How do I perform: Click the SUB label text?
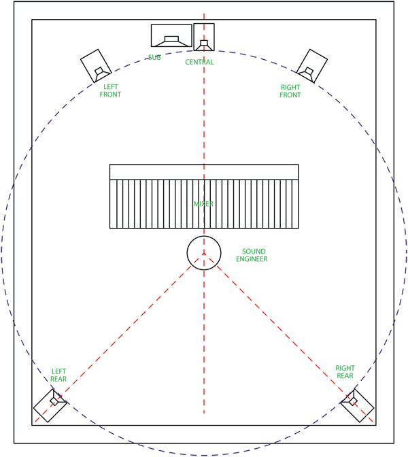pyautogui.click(x=154, y=57)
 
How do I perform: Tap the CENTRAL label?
pyautogui.click(x=199, y=62)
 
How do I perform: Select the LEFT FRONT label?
pyautogui.click(x=110, y=90)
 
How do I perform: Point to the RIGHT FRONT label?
pyautogui.click(x=290, y=91)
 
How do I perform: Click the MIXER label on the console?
pyautogui.click(x=203, y=204)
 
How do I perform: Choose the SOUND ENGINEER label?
pyautogui.click(x=252, y=255)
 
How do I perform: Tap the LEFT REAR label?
pyautogui.click(x=58, y=375)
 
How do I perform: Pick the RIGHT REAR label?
pyautogui.click(x=345, y=372)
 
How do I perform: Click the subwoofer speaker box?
pyautogui.click(x=171, y=35)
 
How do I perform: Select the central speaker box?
pyautogui.click(x=204, y=37)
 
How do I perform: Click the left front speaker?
pyautogui.click(x=96, y=65)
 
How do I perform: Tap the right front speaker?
pyautogui.click(x=312, y=66)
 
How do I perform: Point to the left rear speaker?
pyautogui.click(x=50, y=406)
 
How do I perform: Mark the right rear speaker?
pyautogui.click(x=357, y=405)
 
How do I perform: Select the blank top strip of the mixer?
pyautogui.click(x=204, y=172)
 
